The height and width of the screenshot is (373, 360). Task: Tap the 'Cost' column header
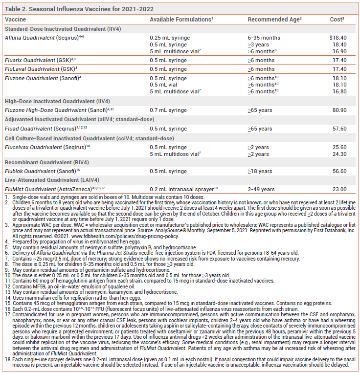pyautogui.click(x=336, y=19)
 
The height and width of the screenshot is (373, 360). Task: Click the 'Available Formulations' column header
pyautogui.click(x=180, y=19)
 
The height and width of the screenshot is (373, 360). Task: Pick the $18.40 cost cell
pyautogui.click(x=338, y=37)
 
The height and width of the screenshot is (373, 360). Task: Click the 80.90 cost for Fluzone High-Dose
pyautogui.click(x=339, y=110)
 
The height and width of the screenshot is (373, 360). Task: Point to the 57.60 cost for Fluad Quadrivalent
pyautogui.click(x=339, y=129)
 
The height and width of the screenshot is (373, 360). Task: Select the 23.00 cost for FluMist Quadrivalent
pyautogui.click(x=339, y=189)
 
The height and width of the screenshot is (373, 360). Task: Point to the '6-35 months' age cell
pyautogui.click(x=264, y=37)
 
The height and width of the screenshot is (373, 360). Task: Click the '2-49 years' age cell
pyautogui.click(x=261, y=189)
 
